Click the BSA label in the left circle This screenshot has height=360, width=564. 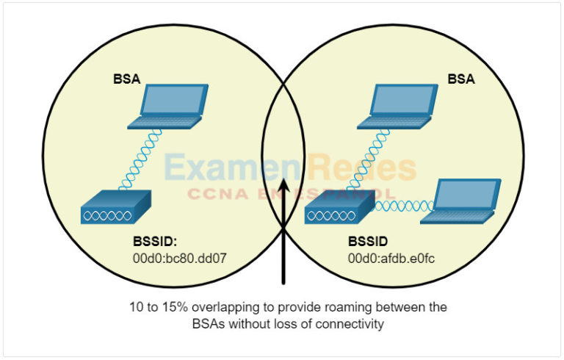(x=126, y=79)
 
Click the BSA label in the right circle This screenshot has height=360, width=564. (x=461, y=79)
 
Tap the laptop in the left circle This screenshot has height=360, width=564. (x=168, y=107)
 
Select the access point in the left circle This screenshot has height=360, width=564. (x=116, y=207)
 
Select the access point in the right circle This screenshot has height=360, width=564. (x=340, y=208)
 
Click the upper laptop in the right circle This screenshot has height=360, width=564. (x=397, y=107)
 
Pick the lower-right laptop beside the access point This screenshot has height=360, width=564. (x=460, y=201)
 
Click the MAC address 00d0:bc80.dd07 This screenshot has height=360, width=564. (x=180, y=258)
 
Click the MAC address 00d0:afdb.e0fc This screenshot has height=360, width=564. (x=391, y=258)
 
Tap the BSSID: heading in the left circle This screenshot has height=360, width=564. (x=155, y=241)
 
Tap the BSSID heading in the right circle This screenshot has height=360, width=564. (x=368, y=241)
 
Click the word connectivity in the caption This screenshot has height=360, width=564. (x=350, y=324)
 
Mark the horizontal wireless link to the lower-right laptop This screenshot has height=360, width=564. (x=404, y=206)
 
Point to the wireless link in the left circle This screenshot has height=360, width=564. (x=140, y=159)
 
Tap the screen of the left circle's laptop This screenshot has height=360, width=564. (x=173, y=100)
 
